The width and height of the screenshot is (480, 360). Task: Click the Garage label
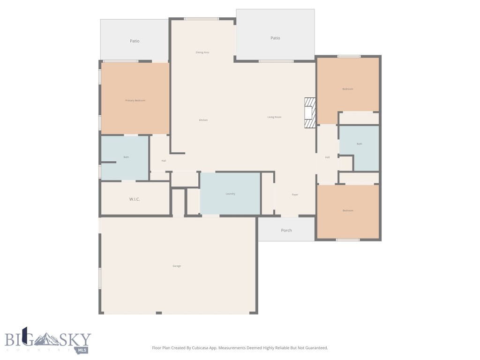click(x=177, y=266)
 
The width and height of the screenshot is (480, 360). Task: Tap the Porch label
click(x=286, y=230)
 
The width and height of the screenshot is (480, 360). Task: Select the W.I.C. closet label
click(x=135, y=199)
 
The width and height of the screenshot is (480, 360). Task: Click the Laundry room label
click(x=230, y=194)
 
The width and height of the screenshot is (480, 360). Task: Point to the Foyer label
click(x=295, y=195)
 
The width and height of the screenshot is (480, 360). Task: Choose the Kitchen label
click(x=203, y=120)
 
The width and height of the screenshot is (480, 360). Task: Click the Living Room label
click(x=274, y=117)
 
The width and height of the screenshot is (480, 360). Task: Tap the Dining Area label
click(x=202, y=52)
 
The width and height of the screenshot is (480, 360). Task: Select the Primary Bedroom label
click(x=135, y=100)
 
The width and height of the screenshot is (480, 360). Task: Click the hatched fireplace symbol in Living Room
click(x=310, y=112)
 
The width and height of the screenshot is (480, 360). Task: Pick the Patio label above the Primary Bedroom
click(x=135, y=41)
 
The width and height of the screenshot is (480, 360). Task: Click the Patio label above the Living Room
click(x=275, y=38)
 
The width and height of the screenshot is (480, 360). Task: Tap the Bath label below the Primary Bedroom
click(x=126, y=157)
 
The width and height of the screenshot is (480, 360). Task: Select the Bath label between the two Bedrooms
click(x=359, y=144)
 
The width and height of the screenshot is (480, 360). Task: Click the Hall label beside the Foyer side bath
click(x=327, y=157)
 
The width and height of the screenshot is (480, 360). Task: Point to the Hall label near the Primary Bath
click(x=164, y=161)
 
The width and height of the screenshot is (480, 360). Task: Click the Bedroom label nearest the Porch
click(x=348, y=210)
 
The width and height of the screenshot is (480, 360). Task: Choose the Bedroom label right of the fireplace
click(x=348, y=89)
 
